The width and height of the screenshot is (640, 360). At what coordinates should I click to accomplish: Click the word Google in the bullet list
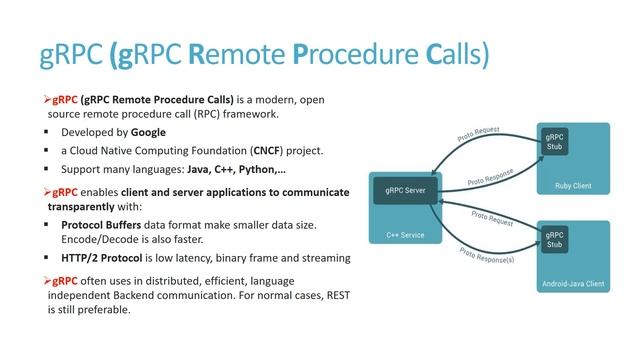[x=147, y=132]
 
